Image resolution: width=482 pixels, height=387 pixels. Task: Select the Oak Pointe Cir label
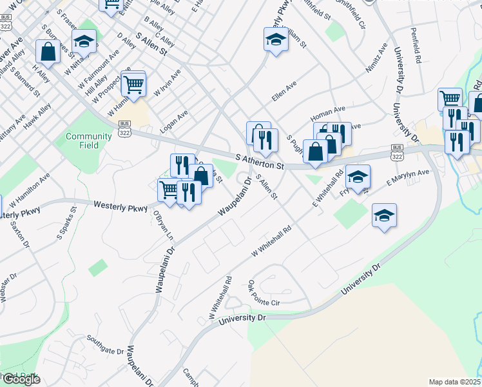(x=264, y=293)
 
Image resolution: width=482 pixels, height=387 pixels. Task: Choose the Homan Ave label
(x=328, y=114)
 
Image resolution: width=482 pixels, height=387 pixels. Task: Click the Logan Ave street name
(x=174, y=121)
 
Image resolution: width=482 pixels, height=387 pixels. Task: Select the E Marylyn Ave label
(x=407, y=178)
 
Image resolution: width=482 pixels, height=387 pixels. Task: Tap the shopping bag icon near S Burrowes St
(x=48, y=51)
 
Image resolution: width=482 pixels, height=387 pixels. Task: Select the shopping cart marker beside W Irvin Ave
(x=134, y=84)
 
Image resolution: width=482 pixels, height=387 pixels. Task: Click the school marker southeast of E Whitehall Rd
(x=384, y=215)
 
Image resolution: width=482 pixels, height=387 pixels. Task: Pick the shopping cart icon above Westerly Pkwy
(x=169, y=190)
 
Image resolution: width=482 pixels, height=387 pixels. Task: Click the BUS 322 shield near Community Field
(x=124, y=129)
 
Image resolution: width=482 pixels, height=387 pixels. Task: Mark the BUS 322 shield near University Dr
(x=397, y=152)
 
